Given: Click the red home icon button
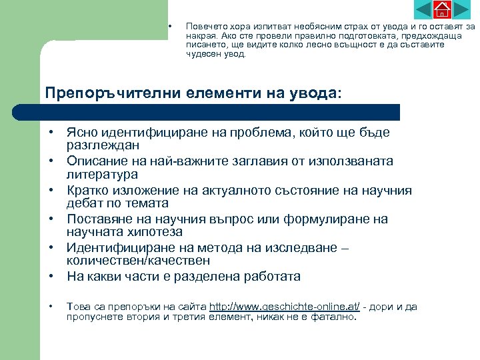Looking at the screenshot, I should coord(442,9).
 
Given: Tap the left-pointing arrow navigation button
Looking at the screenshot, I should coord(423,9).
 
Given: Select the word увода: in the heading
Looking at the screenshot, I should coord(311,93).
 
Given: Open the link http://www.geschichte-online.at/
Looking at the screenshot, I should coord(285,307).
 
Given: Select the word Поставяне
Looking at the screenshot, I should coord(99,219).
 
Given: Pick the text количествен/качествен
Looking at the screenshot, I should coord(138,261).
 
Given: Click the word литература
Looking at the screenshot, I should coord(102,174).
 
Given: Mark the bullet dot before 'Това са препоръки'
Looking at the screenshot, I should coord(51,307).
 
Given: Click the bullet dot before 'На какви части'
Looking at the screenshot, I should coord(51,276).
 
